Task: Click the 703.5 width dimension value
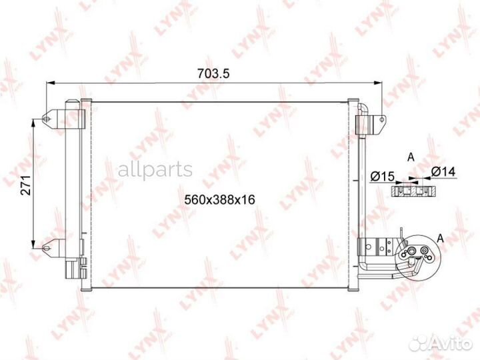coord(213,74)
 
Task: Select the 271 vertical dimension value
coord(26,185)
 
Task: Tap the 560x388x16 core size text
coord(220,199)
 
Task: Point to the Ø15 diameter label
coord(382,176)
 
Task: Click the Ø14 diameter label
coord(443,172)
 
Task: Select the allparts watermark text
coord(155,169)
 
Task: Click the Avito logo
coord(441,344)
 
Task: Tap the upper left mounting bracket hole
coord(46,119)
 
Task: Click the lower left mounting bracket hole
coord(46,247)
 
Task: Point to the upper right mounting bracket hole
coord(382,120)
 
